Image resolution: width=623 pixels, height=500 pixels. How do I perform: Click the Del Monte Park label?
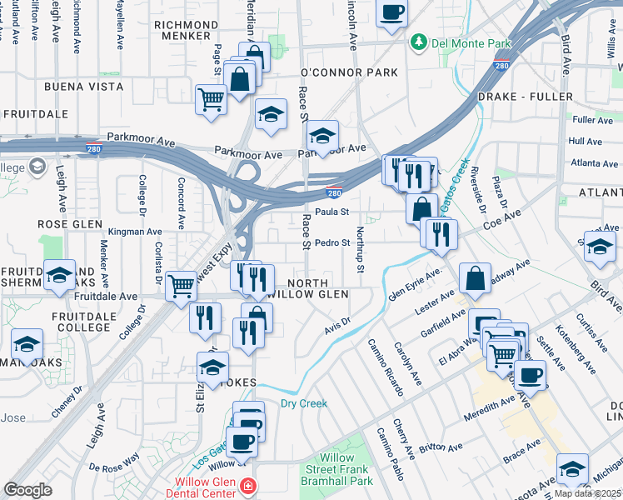(x=454, y=42)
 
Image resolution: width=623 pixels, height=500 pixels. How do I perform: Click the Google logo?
(x=27, y=489)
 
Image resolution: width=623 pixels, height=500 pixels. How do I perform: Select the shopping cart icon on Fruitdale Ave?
(x=181, y=287)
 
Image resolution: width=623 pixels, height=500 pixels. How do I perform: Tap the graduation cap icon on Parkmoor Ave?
(x=322, y=136)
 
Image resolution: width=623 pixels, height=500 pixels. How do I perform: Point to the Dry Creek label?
(x=303, y=403)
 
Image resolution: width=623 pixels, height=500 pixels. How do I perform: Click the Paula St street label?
(x=331, y=212)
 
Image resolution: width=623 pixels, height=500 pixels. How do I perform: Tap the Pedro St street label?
(x=331, y=242)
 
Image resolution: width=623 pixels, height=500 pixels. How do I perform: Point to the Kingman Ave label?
(x=135, y=232)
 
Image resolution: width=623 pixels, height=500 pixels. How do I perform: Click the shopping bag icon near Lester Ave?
(x=474, y=280)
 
